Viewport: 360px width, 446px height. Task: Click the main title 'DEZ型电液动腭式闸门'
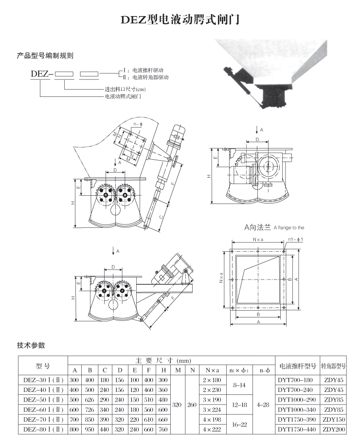pyautogui.click(x=180, y=21)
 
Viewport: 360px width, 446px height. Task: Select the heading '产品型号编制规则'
pyautogui.click(x=45, y=56)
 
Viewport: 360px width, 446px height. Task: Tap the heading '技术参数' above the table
pyautogui.click(x=31, y=345)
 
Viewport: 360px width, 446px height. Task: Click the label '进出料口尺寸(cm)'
pyautogui.click(x=126, y=90)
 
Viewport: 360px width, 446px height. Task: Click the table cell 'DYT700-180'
pyautogui.click(x=297, y=379)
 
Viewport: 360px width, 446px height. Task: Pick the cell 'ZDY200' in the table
pyautogui.click(x=333, y=429)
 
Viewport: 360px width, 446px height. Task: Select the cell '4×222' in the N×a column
pyautogui.click(x=212, y=429)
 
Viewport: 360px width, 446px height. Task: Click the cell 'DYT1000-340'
pyautogui.click(x=297, y=409)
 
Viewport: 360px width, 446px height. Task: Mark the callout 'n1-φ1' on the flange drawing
pyautogui.click(x=296, y=240)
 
